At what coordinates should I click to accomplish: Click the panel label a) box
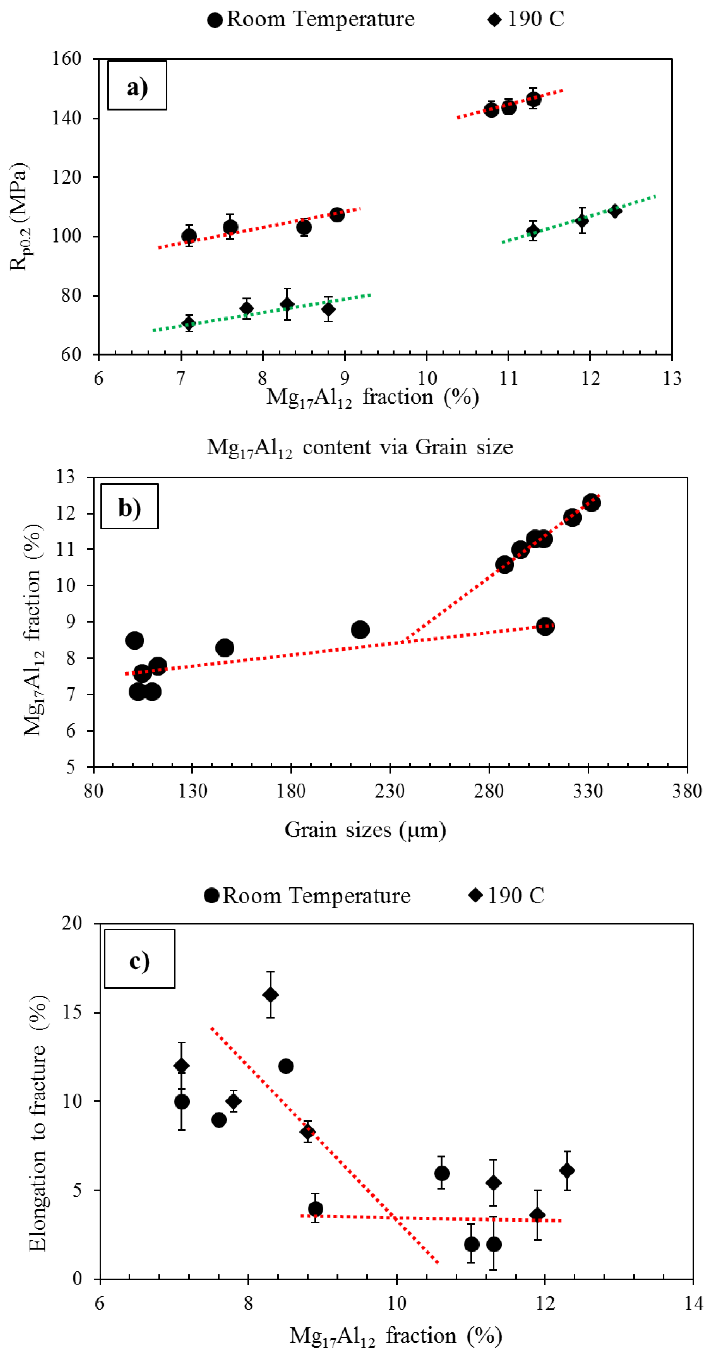click(137, 85)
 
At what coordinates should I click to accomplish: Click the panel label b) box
click(129, 506)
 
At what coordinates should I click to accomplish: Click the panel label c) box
click(140, 958)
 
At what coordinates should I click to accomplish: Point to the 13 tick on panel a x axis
click(672, 378)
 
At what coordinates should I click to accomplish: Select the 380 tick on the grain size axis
click(687, 791)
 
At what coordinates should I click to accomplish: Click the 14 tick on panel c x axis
click(693, 1303)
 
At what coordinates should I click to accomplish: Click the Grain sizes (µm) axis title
click(365, 829)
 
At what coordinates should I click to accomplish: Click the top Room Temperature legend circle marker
click(215, 20)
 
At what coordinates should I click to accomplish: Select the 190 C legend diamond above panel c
click(475, 895)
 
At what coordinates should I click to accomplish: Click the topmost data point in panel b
click(591, 502)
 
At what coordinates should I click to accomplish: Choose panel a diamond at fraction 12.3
click(614, 211)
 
